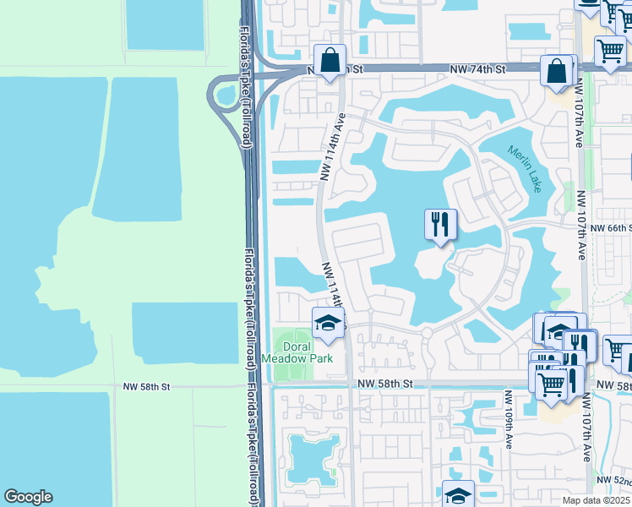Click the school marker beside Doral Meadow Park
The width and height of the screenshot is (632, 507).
pos(328,323)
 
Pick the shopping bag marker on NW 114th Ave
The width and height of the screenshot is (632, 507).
pos(330,61)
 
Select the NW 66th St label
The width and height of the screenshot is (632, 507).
pos(610,229)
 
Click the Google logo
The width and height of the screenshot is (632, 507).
pos(28,497)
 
